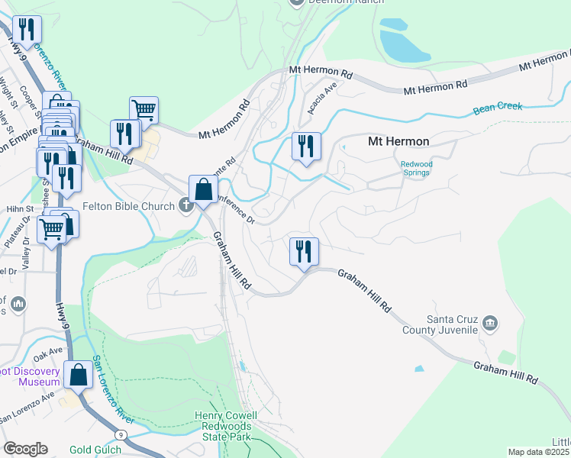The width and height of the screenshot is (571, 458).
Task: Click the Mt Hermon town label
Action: (398, 141)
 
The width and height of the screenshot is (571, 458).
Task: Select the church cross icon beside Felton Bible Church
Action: (185, 204)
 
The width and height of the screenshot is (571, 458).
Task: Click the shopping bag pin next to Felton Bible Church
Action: (203, 191)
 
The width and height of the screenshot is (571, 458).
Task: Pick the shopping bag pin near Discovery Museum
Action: (79, 376)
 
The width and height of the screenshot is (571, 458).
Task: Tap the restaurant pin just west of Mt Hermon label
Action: (306, 147)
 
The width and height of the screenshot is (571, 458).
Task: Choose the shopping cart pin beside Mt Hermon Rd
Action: (144, 111)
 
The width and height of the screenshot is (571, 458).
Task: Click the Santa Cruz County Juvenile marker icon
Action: (491, 324)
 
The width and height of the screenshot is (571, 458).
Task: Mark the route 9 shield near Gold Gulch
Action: (121, 434)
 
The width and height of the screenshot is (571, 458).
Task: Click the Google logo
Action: (25, 449)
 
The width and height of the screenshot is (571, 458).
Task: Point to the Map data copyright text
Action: (539, 452)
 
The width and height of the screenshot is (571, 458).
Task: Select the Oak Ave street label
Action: (47, 351)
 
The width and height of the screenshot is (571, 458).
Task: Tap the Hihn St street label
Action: (21, 208)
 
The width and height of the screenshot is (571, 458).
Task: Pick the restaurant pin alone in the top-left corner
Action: (27, 31)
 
